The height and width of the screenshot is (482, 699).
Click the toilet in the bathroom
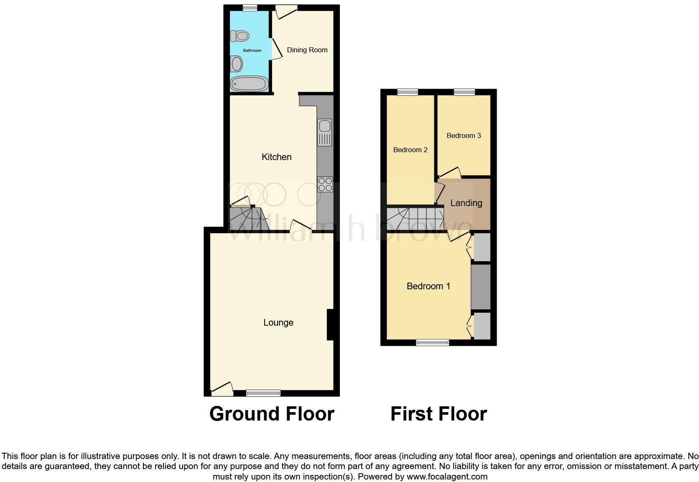[x=240, y=36]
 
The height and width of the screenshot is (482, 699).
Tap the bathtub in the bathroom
[x=250, y=84]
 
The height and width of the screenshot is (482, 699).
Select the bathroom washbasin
[x=237, y=64]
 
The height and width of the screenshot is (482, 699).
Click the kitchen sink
[x=325, y=132]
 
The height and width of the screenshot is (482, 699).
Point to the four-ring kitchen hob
[x=325, y=184]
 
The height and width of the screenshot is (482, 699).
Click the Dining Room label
[x=307, y=50]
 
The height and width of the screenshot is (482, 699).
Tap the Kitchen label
[x=276, y=157]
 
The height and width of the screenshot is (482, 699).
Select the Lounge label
[x=278, y=323]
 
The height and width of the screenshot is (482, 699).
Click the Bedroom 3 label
[x=464, y=135]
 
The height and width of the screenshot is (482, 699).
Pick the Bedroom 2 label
[x=410, y=150]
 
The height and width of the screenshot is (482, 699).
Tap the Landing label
[x=466, y=203]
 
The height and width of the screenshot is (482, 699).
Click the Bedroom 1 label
[x=428, y=286]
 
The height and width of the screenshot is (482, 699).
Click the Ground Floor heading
[x=272, y=414]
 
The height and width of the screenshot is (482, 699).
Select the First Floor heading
[x=439, y=414]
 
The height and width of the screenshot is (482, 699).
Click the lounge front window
[x=263, y=393]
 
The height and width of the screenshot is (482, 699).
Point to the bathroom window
[x=250, y=7]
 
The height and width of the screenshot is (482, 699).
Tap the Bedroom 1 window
[x=432, y=343]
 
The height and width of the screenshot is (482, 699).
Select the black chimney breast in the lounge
[x=330, y=324]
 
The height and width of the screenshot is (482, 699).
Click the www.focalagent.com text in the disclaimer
[x=447, y=477]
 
